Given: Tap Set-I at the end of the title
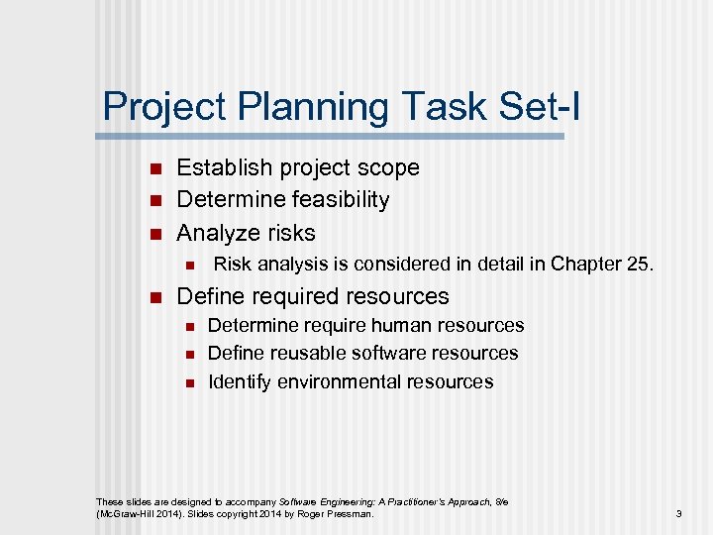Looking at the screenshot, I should pyautogui.click(x=534, y=107).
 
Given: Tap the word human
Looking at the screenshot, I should pyautogui.click(x=398, y=326).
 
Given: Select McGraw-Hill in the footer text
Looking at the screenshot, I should pyautogui.click(x=127, y=514).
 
